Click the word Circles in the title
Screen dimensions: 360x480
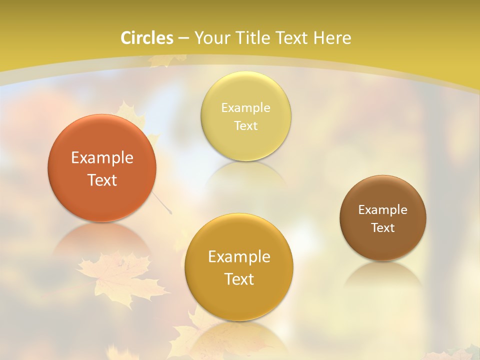tap(147, 38)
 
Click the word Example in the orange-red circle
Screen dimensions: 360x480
tap(102, 158)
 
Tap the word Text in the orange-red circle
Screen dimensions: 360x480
tap(102, 180)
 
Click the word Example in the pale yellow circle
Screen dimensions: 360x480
tap(245, 108)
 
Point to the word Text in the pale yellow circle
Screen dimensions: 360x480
tap(245, 126)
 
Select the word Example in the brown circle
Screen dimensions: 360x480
tap(383, 210)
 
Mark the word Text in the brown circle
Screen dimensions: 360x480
tap(383, 228)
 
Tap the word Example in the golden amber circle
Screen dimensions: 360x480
tap(238, 257)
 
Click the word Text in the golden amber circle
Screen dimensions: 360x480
tap(238, 279)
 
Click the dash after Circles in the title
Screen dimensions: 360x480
tap(183, 38)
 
